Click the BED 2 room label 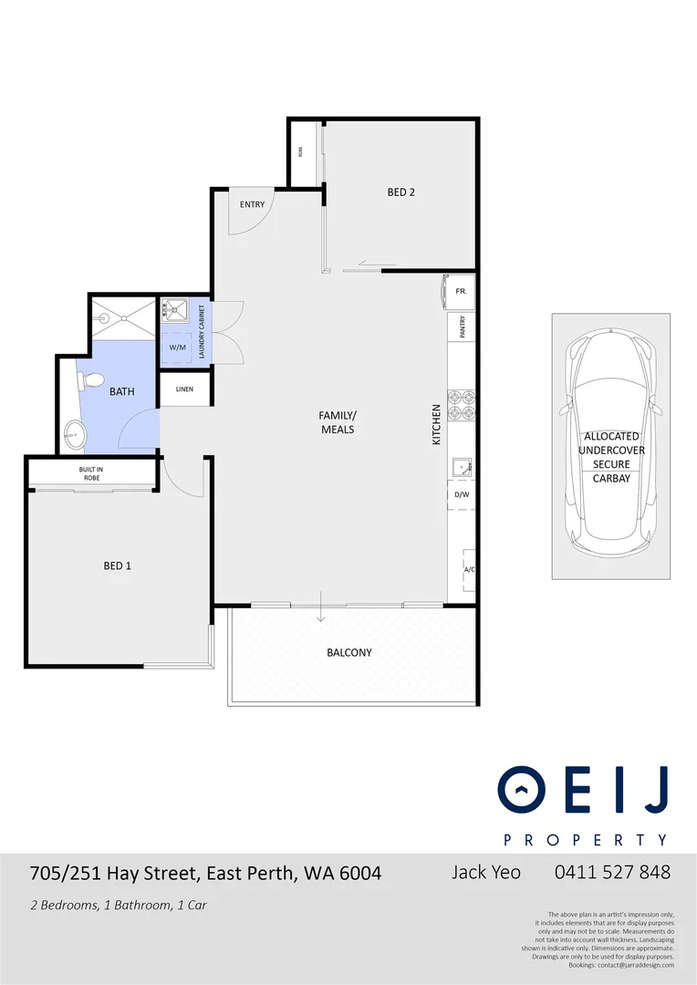(x=401, y=192)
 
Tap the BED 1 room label (x=117, y=565)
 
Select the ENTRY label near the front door (x=252, y=204)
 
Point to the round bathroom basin (x=76, y=436)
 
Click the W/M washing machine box (x=177, y=347)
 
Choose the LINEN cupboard (x=184, y=389)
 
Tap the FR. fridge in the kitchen (x=461, y=291)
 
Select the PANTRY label (x=463, y=327)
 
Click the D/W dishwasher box (x=462, y=495)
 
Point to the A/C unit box (x=469, y=569)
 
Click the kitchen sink (x=462, y=469)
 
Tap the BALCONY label (x=349, y=652)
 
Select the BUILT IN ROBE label (x=90, y=473)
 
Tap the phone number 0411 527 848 (x=612, y=872)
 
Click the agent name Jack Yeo (x=486, y=872)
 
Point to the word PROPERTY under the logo (x=586, y=839)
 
